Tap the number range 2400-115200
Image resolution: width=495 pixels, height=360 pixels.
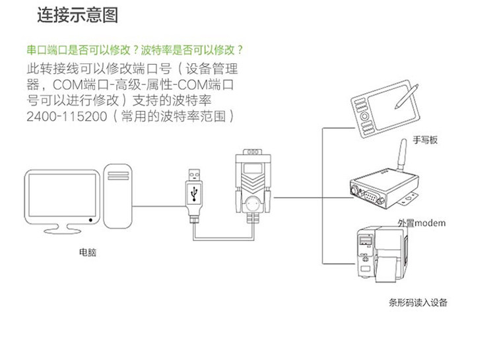pos(65,116)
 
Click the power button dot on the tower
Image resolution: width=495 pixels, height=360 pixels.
pos(90,219)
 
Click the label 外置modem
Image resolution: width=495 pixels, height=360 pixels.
pos(421,223)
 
